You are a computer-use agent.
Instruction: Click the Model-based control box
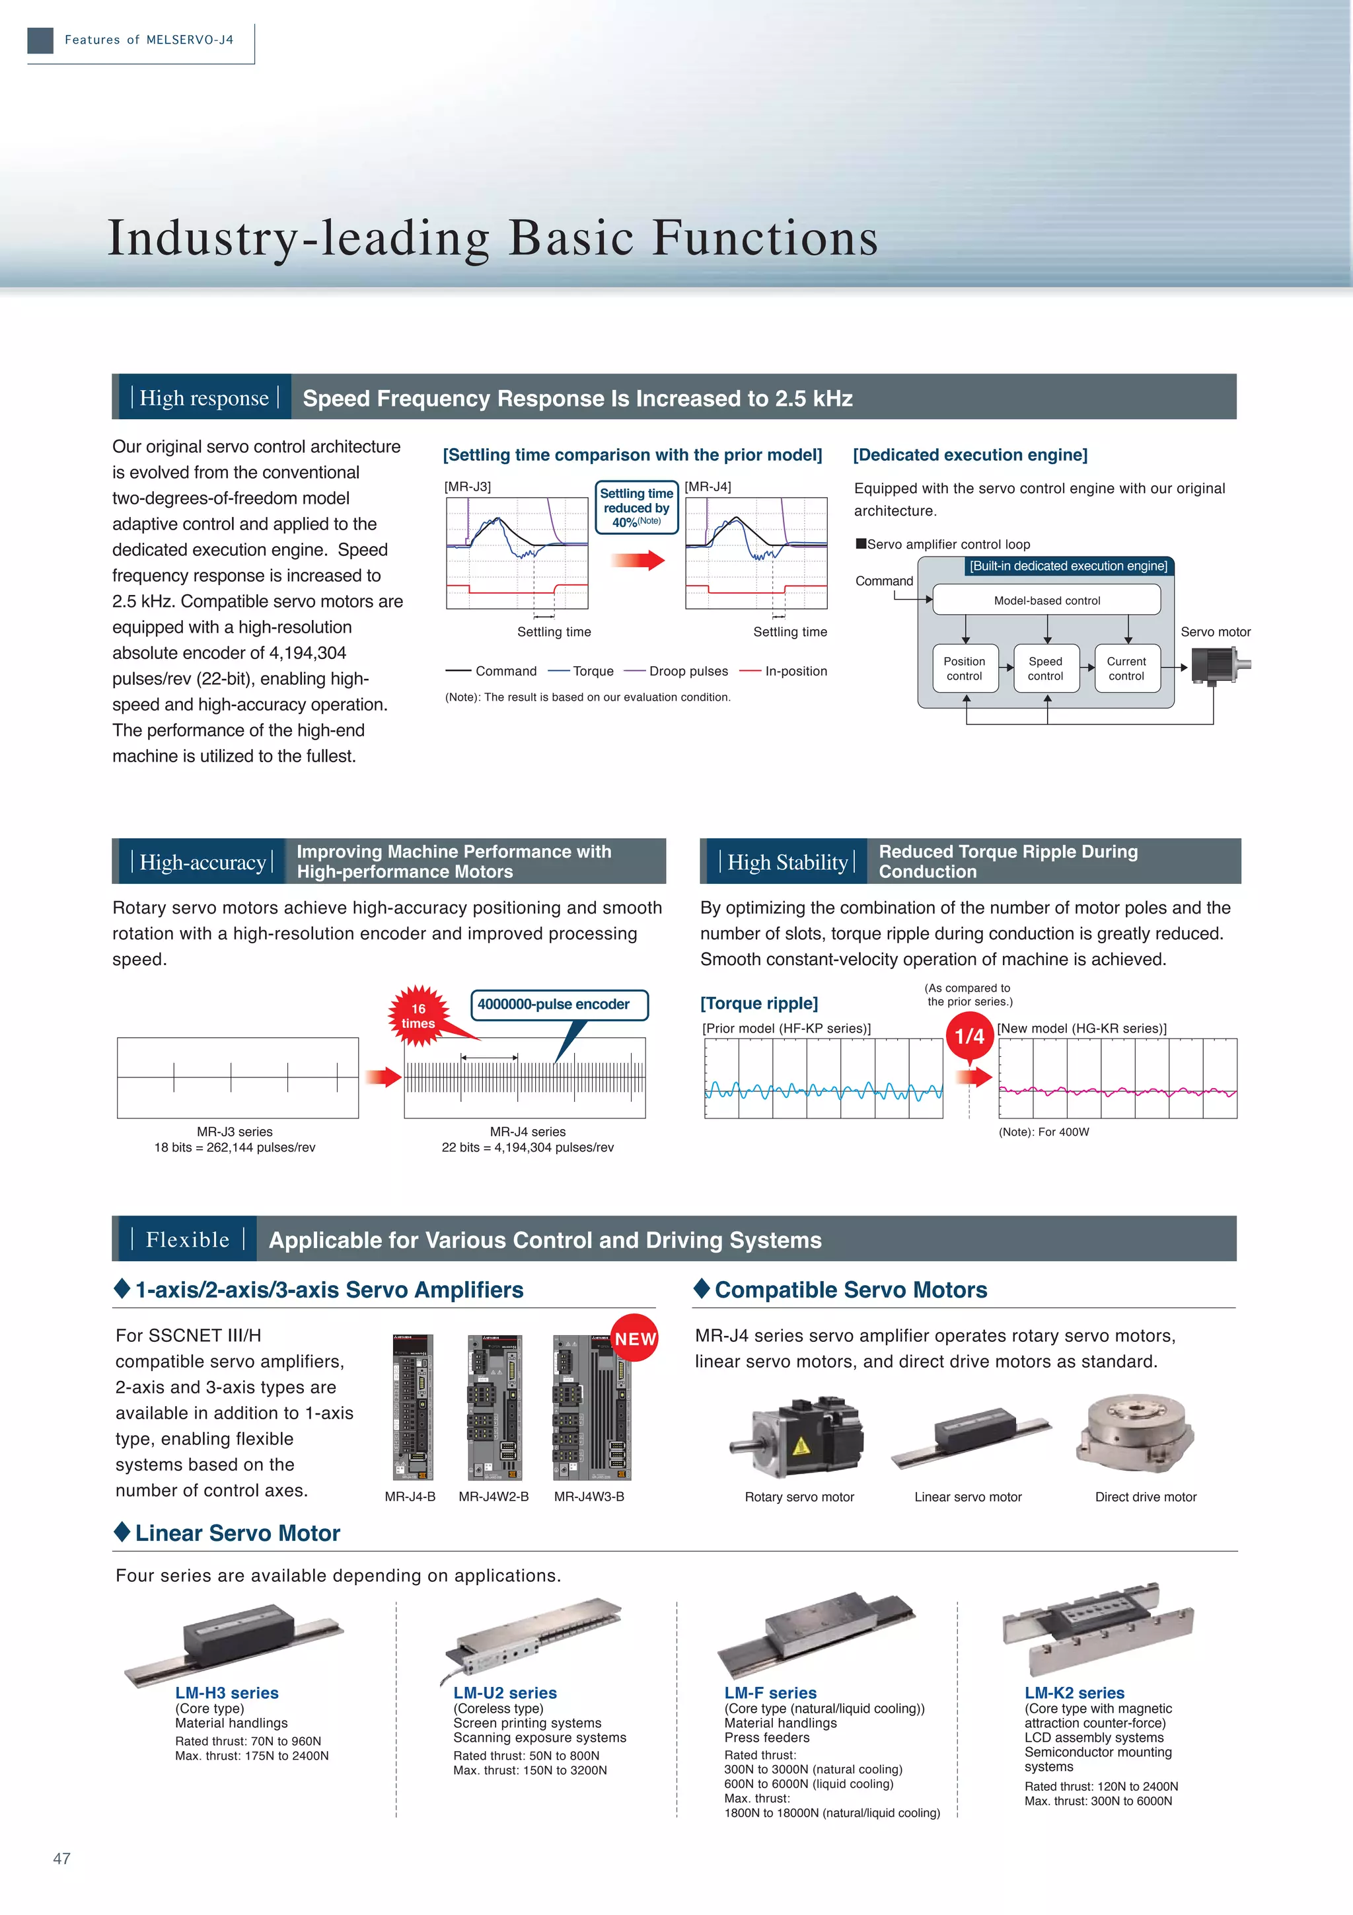pyautogui.click(x=1046, y=600)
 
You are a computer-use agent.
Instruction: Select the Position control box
pyautogui.click(x=965, y=668)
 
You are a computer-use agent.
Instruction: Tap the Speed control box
pyautogui.click(x=1045, y=668)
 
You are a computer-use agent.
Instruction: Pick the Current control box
pyautogui.click(x=1126, y=668)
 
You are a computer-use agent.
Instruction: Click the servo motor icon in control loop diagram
pyautogui.click(x=1219, y=666)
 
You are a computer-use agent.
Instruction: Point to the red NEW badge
pyautogui.click(x=636, y=1338)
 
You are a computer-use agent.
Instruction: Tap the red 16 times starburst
pyautogui.click(x=418, y=1016)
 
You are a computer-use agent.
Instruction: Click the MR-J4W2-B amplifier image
pyautogui.click(x=494, y=1408)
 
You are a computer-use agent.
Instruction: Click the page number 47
pyautogui.click(x=61, y=1858)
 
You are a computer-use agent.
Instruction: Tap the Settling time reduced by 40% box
pyautogui.click(x=637, y=507)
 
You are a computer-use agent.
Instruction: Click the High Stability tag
pyautogui.click(x=787, y=863)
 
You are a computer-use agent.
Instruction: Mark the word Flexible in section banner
pyautogui.click(x=188, y=1239)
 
